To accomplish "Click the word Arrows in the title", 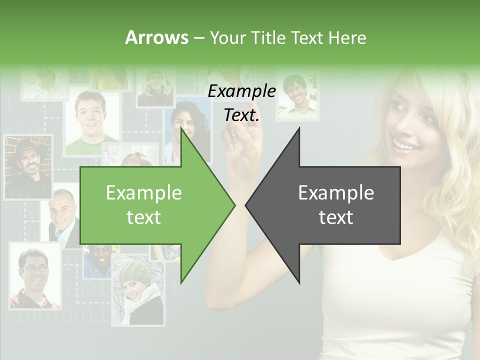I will (x=156, y=37).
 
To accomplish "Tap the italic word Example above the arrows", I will (x=241, y=91).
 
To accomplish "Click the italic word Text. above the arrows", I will (x=241, y=115).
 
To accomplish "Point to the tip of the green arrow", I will (x=234, y=204).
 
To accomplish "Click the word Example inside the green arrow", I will (x=144, y=193).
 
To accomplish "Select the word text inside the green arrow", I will (x=144, y=217).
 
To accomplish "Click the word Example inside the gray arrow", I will (x=336, y=193).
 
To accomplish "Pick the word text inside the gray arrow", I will (x=336, y=217).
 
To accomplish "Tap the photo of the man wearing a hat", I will (x=28, y=167).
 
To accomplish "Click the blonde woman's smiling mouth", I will (x=405, y=145).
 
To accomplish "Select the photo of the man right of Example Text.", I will (x=298, y=97).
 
